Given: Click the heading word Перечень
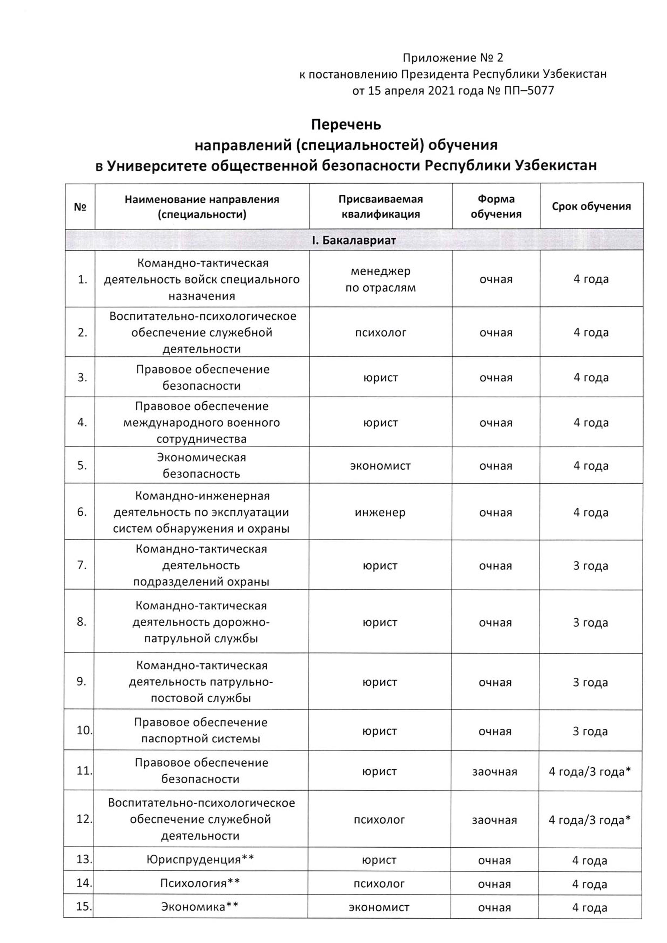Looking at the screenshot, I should click(x=346, y=124).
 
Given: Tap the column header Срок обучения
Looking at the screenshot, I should click(x=591, y=207).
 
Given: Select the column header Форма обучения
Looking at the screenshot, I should click(x=496, y=207).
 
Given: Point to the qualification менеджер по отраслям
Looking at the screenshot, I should click(x=381, y=279).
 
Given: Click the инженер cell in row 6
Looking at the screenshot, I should click(x=380, y=513).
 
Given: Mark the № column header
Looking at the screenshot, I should click(x=80, y=207).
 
